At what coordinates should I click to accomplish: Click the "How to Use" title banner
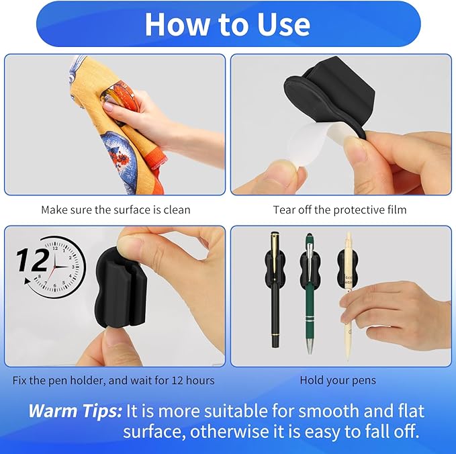(x=227, y=24)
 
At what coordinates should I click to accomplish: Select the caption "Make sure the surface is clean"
(x=116, y=210)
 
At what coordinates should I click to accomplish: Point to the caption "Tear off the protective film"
(x=340, y=210)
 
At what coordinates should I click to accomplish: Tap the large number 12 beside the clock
(x=30, y=259)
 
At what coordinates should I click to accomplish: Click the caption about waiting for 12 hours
(x=113, y=380)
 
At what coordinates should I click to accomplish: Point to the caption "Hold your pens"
(x=338, y=380)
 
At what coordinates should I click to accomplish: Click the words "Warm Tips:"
(x=75, y=410)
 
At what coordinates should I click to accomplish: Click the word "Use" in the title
(x=279, y=24)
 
